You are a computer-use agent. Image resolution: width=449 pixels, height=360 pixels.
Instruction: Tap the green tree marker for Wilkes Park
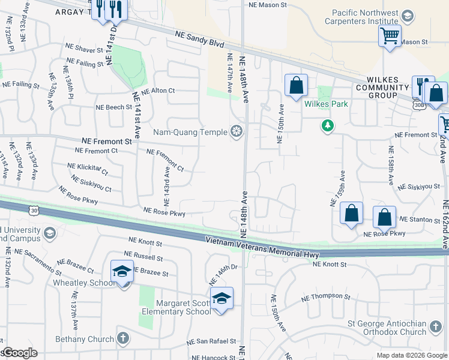pos(328,125)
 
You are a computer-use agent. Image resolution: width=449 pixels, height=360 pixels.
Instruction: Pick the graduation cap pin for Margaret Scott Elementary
pos(221,298)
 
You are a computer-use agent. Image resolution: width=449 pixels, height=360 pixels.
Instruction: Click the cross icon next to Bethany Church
pos(122,338)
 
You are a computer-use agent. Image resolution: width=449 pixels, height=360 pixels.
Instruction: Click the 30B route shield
pos(418,106)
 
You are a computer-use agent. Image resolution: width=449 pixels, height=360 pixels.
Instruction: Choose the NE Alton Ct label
pos(154,91)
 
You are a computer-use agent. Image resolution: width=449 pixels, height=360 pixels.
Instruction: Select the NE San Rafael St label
pos(211,341)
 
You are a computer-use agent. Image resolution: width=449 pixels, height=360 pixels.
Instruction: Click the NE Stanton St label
pos(420,220)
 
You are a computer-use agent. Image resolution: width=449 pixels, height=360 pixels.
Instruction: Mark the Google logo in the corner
pos(19,353)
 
